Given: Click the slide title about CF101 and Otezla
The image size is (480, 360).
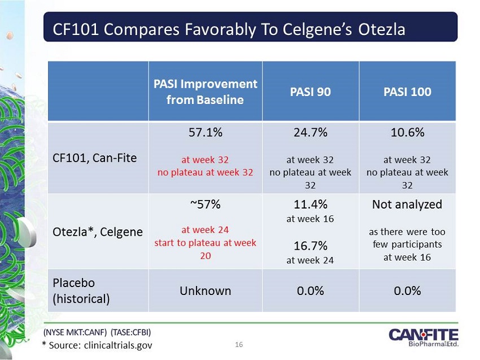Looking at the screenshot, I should pos(229,29).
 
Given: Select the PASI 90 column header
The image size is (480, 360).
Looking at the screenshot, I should pos(311,92).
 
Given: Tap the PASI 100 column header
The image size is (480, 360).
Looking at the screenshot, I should pos(407,92).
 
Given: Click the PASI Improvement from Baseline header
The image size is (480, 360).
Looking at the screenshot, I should pos(205,92).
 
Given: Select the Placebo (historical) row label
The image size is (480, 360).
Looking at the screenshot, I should pos(81,290).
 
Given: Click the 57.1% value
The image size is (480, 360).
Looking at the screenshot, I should pos(205,133).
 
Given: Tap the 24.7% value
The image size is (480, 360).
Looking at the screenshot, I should pos(311,133).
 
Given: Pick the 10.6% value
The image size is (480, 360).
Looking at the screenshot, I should pos(407,133).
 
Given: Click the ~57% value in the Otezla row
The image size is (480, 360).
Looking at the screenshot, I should pos(205,205).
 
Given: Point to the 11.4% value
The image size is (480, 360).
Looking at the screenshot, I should pos(311,205).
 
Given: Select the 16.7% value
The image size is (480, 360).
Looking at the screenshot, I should pos(311,247).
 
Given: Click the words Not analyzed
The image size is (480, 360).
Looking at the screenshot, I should pos(407,205).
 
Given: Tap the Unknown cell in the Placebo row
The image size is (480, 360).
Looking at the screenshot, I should pos(205,291).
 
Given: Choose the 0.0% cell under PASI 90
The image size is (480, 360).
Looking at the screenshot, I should pos(311,291).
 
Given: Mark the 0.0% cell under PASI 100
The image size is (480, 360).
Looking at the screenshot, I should pos(407,291).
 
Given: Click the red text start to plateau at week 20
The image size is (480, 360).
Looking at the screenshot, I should pos(205,248).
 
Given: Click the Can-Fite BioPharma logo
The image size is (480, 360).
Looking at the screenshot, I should pos(423,338).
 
